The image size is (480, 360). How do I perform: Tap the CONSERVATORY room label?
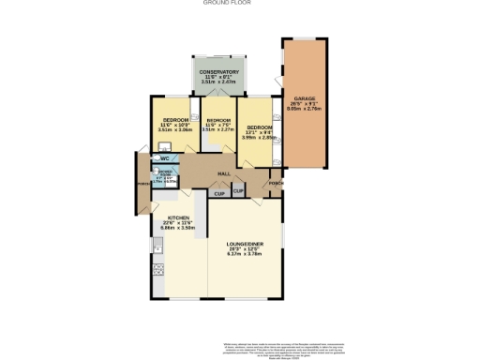[x=217, y=71]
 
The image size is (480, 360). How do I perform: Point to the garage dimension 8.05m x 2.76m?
[x=304, y=109]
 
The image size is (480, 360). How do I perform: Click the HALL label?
[x=224, y=174]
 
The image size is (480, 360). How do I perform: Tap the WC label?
[x=164, y=158]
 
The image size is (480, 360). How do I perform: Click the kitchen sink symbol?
[x=158, y=247]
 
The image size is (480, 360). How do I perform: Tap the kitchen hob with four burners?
[x=157, y=270]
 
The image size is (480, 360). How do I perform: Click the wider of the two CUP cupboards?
[x=218, y=194]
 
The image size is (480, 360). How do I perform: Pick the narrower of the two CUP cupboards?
[x=238, y=191]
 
